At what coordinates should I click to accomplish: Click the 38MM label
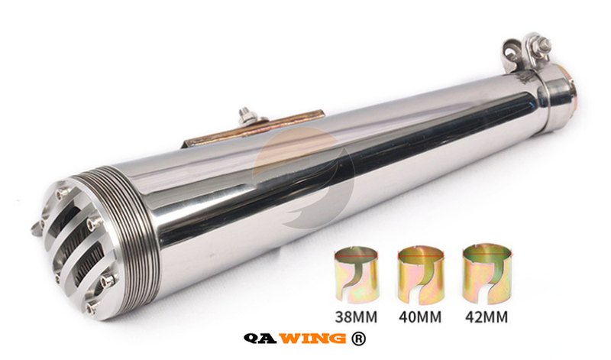(x=356, y=316)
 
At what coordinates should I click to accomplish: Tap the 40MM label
(x=420, y=316)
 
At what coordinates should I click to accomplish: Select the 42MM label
(x=487, y=316)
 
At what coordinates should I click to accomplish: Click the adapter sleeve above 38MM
(x=356, y=275)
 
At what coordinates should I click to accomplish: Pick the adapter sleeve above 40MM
(x=421, y=275)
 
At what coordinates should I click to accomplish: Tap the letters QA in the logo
(x=260, y=338)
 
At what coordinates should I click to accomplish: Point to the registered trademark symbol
(x=358, y=339)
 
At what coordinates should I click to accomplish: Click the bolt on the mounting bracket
(x=245, y=115)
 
